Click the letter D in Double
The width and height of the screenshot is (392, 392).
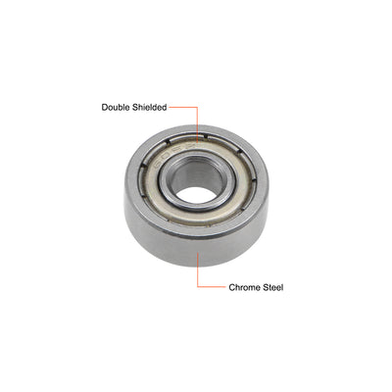coord(103,109)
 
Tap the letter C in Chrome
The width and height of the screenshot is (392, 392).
coord(231,288)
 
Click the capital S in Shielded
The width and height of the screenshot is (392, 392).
coord(133,109)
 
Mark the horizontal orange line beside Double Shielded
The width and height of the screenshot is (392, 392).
coord(183,109)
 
